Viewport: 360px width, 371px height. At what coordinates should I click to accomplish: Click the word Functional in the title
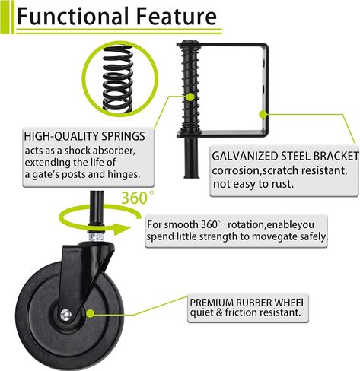click(72, 16)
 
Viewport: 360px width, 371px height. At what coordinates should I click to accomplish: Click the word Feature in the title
click(177, 16)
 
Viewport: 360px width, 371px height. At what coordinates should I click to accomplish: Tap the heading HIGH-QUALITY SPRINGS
click(84, 136)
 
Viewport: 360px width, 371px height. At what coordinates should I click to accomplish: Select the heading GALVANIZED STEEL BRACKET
click(285, 156)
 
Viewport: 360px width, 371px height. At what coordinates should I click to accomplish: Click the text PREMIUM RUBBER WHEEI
click(247, 303)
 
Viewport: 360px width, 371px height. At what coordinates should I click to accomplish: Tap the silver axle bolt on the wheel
click(65, 315)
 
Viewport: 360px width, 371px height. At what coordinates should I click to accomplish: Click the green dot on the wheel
click(90, 313)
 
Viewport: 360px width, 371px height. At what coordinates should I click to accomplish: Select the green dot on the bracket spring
click(190, 97)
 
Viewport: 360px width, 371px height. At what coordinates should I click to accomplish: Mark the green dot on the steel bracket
click(263, 115)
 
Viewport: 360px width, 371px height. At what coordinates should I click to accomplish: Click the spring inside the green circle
click(118, 78)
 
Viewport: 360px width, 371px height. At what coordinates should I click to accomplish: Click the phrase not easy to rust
click(253, 184)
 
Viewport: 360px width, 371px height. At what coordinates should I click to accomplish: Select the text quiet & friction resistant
click(245, 312)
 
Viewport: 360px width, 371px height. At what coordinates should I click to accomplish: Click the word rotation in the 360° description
click(245, 225)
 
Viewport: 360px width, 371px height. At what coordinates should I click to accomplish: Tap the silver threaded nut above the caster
click(96, 236)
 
